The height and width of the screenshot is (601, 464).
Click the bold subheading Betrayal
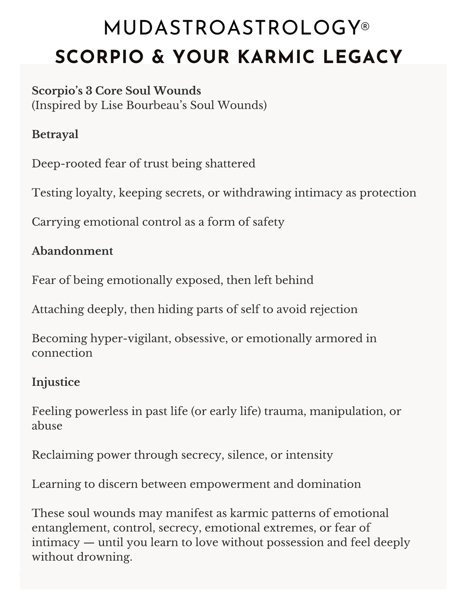coord(55,134)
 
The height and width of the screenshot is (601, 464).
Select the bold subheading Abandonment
coord(72,251)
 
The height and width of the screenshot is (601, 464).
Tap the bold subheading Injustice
coord(56,382)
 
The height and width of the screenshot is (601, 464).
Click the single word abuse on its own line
coord(47,426)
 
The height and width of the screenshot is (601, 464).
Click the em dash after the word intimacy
coord(89,542)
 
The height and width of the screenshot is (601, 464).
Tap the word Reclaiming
coord(62,455)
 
